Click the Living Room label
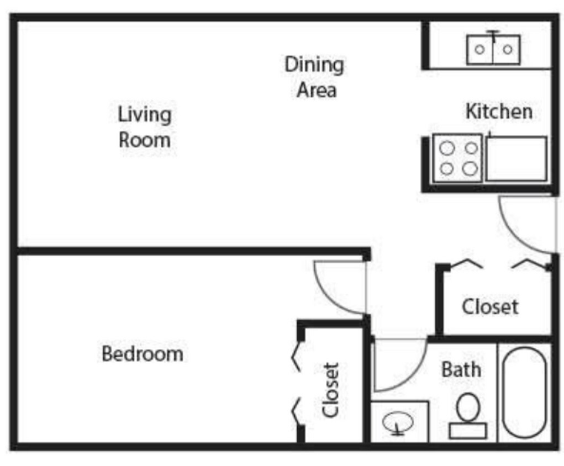145,127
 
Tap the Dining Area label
315,77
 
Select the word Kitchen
499,112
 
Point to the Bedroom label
143,354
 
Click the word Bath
461,369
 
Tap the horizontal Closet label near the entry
491,307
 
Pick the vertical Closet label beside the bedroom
331,390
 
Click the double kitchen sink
493,50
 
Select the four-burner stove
457,158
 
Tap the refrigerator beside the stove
516,158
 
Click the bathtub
524,393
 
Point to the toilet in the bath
468,416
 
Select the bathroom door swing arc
414,378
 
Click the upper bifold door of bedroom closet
296,357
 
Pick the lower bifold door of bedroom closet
296,411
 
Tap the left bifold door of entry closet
467,263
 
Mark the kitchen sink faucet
493,36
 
